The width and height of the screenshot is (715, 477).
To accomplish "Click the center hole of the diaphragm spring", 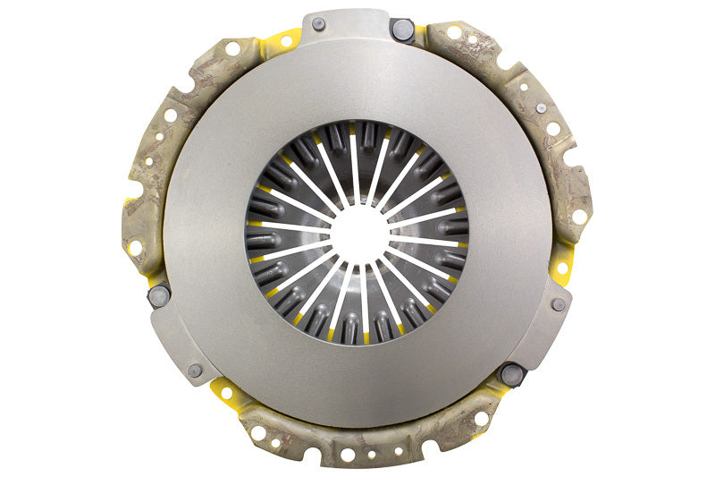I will [359, 234].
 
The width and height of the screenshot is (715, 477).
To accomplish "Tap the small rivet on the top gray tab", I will [319, 24].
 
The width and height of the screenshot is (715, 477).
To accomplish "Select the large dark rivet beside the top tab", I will [402, 30].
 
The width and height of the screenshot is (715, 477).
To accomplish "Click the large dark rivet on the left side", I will [159, 294].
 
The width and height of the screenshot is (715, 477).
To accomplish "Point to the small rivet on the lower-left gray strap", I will [195, 370].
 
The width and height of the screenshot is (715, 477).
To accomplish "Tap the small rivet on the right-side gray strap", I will [559, 304].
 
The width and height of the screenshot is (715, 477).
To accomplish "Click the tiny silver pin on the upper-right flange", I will [542, 107].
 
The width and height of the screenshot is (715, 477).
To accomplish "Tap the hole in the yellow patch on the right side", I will [563, 268].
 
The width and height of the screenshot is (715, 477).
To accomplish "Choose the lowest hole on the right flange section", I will [579, 217].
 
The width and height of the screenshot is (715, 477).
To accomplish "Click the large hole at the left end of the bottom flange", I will [259, 432].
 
